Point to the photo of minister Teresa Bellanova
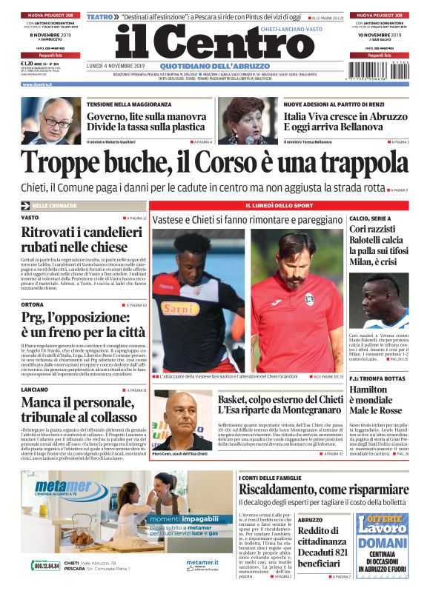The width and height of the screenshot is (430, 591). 250,120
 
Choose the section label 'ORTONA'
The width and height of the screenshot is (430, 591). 33,304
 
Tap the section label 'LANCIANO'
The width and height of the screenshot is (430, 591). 36,390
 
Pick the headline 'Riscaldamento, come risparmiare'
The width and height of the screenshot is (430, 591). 322,490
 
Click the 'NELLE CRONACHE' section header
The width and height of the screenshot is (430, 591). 56,205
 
